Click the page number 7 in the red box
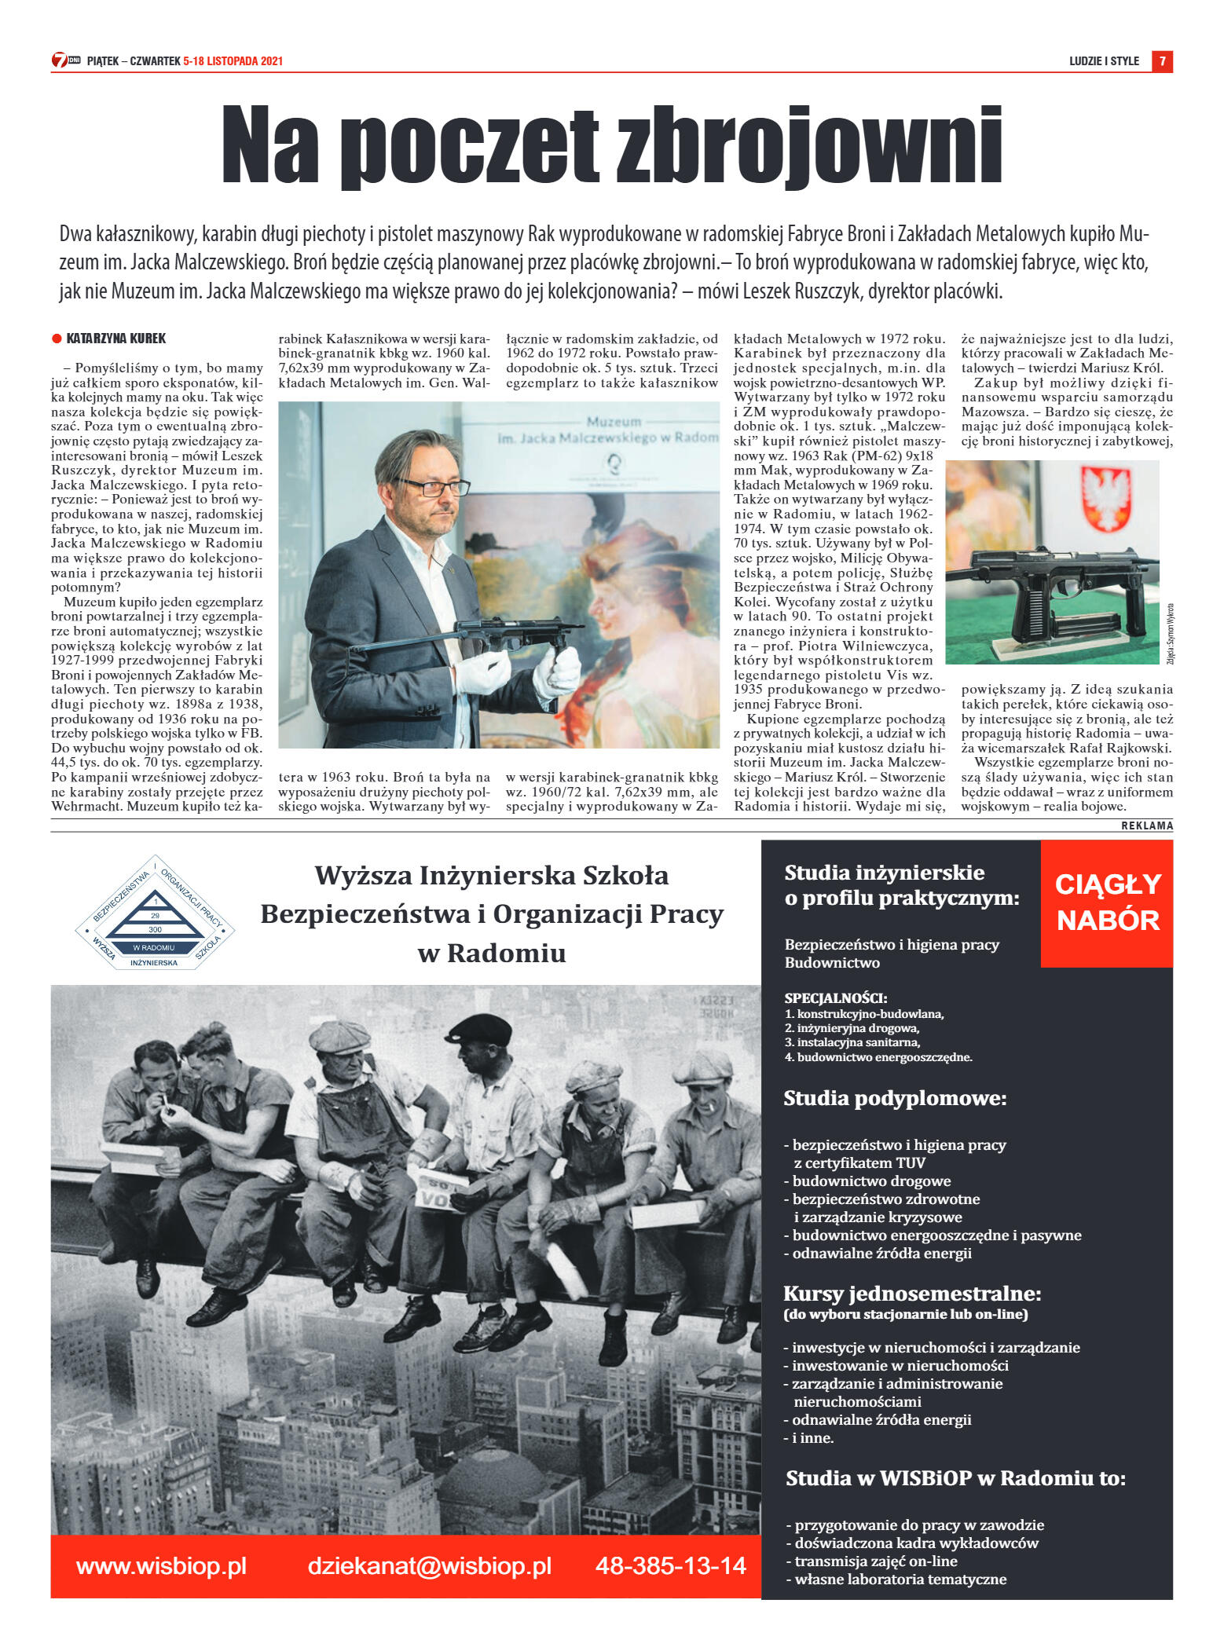click(x=1162, y=61)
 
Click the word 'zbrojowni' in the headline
click(x=809, y=148)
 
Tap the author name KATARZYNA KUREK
click(x=116, y=339)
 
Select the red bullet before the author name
click(x=57, y=339)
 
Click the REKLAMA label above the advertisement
click(x=1146, y=825)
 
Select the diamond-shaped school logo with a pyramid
click(x=155, y=913)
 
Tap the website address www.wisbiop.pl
click(x=161, y=1566)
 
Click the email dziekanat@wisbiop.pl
click(x=429, y=1566)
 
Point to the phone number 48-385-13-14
click(x=670, y=1566)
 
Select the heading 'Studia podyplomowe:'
click(x=895, y=1098)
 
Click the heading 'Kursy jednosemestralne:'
click(x=912, y=1293)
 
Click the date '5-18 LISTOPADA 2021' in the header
click(x=233, y=61)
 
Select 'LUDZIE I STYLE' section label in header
click(x=1104, y=61)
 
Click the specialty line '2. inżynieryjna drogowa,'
click(x=852, y=1028)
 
